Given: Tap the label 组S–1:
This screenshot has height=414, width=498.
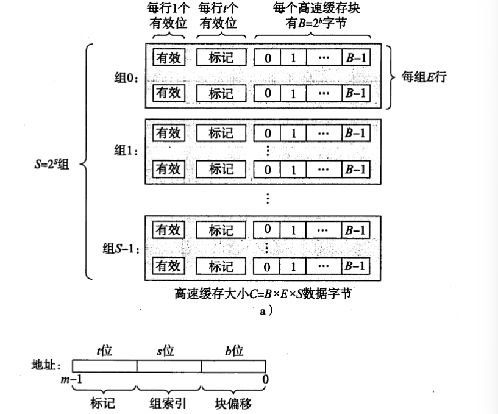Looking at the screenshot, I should click(121, 248).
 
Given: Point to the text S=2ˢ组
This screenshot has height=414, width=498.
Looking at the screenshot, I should click(52, 163).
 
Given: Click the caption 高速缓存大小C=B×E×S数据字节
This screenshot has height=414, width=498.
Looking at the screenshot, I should click(264, 293).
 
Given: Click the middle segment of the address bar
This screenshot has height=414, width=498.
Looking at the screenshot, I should click(169, 365).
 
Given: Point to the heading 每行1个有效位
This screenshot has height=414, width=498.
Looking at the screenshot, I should click(169, 16).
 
